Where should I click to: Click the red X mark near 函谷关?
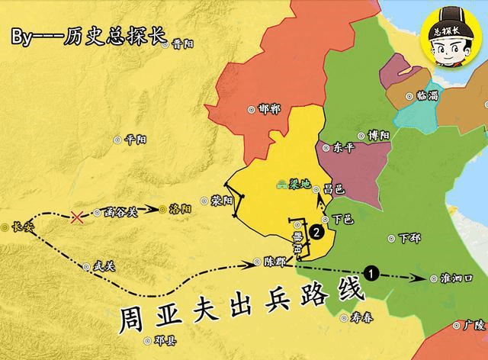[x=77, y=217]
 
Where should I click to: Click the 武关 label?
[x=102, y=266]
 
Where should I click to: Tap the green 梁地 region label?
[x=296, y=184]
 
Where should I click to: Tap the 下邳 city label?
[x=409, y=238]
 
